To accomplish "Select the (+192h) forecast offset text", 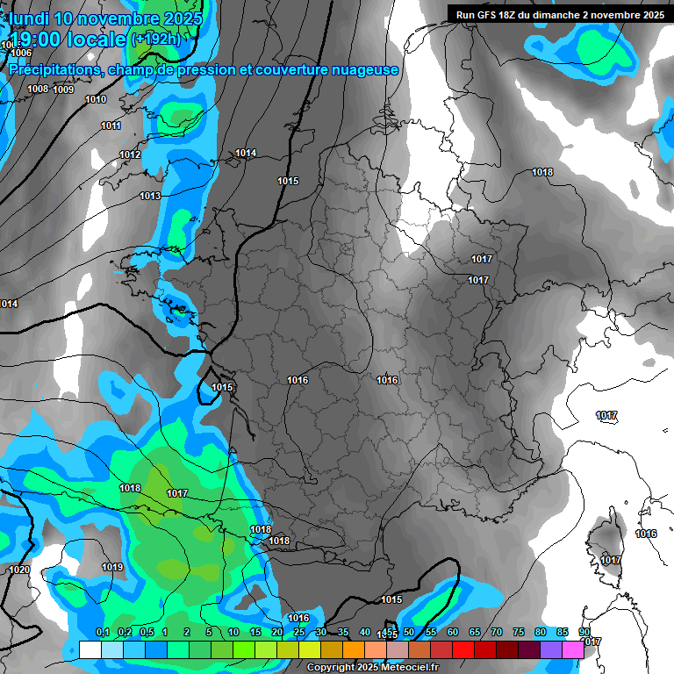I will point(156,39).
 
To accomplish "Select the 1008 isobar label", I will point(38,89).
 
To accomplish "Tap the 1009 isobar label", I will point(63,90).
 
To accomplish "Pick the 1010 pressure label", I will point(96,100).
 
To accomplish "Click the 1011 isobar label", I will point(111,126).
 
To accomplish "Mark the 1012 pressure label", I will point(130,155).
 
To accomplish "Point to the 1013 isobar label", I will point(150,196).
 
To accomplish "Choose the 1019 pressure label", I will point(112,568).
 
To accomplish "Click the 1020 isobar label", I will point(19,570).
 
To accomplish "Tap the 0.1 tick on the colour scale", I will point(102,633).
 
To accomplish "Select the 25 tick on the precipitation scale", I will point(299,633).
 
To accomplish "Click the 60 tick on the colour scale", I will point(453,633).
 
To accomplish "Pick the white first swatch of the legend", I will point(90,649).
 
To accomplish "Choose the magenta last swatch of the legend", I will point(573,649).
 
